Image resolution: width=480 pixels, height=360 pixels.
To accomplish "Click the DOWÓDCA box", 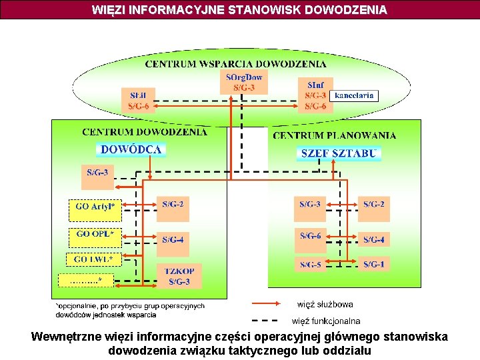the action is (x=131, y=149).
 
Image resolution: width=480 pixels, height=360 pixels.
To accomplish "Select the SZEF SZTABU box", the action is (x=339, y=153).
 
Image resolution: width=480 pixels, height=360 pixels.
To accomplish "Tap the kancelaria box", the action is (x=353, y=95).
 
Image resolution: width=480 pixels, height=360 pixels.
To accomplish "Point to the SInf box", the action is (x=315, y=95).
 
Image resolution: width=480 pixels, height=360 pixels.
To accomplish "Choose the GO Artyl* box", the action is (x=95, y=207).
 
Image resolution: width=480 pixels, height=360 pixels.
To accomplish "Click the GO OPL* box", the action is (x=95, y=235).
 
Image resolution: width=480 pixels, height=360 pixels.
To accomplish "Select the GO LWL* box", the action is (x=93, y=259).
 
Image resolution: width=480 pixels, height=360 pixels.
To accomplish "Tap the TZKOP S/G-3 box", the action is (x=179, y=276).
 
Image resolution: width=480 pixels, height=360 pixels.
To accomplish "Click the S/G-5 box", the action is (x=310, y=265).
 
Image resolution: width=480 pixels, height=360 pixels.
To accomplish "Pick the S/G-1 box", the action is (x=373, y=265).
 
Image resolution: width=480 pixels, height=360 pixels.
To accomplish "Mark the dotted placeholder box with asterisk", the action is (x=85, y=281).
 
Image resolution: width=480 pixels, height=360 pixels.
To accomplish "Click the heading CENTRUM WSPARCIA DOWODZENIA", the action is (x=236, y=65).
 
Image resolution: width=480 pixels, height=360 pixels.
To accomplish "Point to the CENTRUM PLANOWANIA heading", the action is (x=334, y=135).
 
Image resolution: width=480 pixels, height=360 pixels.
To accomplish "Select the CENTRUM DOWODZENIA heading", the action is (x=145, y=132).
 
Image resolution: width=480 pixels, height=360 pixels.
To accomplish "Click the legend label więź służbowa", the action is (x=325, y=305).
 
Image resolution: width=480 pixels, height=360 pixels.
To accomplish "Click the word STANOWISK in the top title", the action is (x=251, y=10).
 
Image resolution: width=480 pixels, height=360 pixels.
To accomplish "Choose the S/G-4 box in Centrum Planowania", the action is (x=373, y=239).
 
